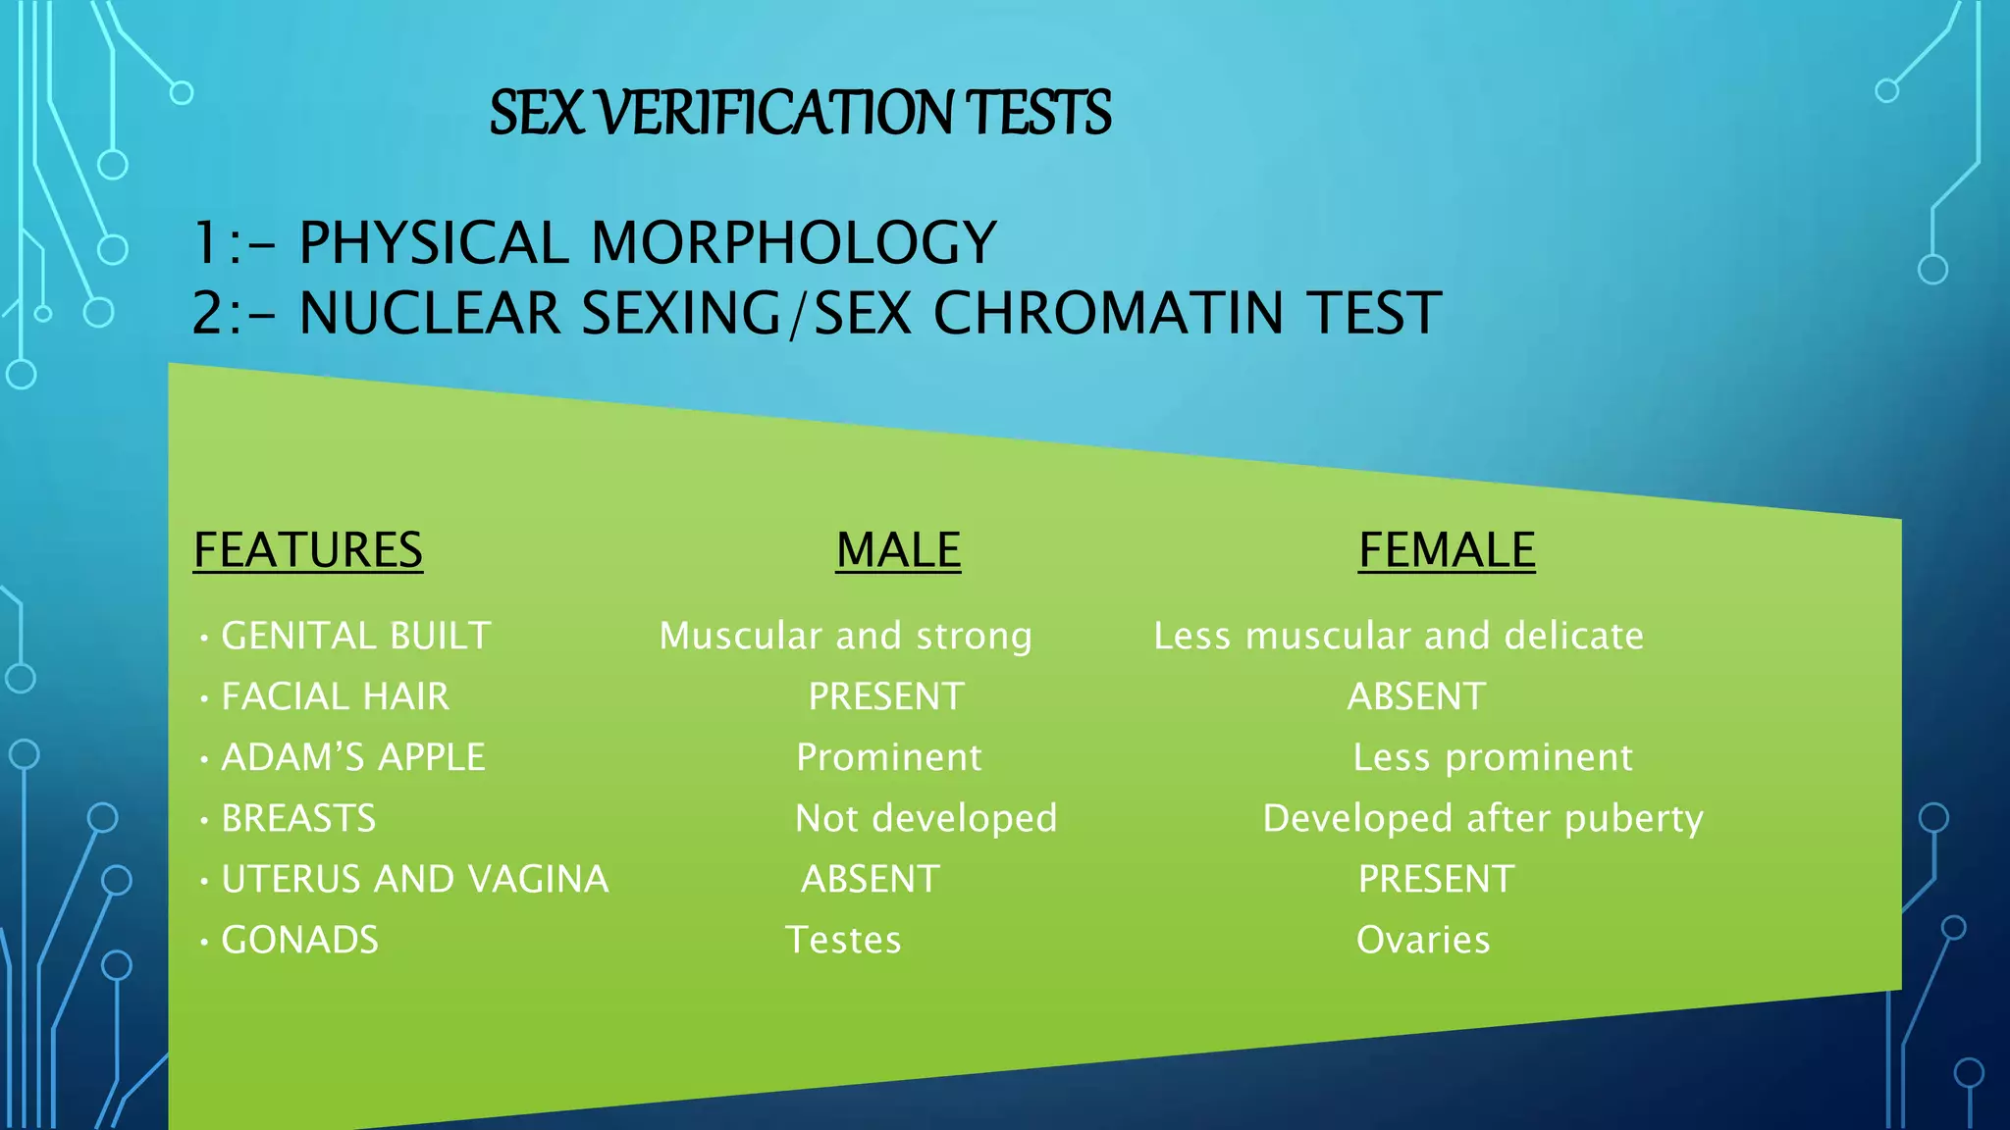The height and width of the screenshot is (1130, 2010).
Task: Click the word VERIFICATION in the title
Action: pos(774,112)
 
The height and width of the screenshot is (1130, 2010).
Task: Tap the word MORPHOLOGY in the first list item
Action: pos(794,243)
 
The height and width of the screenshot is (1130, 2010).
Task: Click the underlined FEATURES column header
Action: pos(308,549)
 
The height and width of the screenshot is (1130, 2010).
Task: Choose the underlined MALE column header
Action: pos(898,549)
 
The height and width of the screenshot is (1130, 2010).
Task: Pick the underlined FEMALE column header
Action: pos(1447,549)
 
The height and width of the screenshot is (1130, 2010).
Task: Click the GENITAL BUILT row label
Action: pos(355,636)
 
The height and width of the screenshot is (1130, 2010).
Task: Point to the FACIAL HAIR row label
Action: pos(335,696)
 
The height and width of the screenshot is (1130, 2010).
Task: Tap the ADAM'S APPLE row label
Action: pos(353,757)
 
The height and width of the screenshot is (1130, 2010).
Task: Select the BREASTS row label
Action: pos(298,818)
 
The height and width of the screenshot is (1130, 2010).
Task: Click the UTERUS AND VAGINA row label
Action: pos(414,879)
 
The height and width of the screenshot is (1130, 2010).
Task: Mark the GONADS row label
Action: pos(299,940)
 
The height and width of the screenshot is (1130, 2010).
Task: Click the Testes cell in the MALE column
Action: pos(843,940)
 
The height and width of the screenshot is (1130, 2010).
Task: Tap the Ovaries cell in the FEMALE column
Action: pos(1423,940)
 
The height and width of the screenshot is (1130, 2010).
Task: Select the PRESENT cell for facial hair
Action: pos(886,696)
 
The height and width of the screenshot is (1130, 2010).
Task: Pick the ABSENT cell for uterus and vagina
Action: pos(871,879)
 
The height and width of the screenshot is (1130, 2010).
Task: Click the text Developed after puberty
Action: pos(1483,818)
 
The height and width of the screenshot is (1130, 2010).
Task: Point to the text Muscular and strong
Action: pos(845,636)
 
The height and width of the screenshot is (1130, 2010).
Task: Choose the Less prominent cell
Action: pos(1493,757)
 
